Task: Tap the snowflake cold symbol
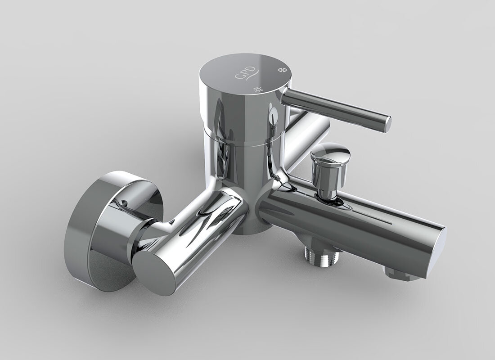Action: coord(282,70)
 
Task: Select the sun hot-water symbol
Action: coord(258,89)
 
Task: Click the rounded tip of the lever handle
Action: coord(387,124)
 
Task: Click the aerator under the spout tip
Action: coord(400,274)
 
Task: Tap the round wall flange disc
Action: coord(104,227)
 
